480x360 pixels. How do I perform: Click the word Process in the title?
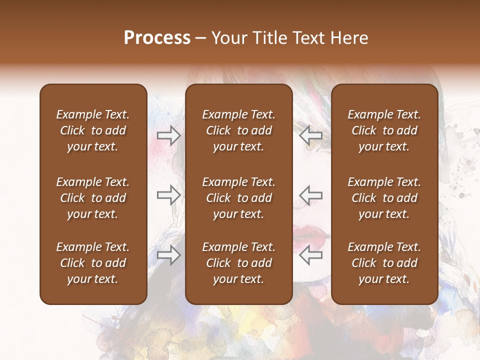[x=157, y=38]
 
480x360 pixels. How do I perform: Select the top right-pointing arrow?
[x=169, y=135]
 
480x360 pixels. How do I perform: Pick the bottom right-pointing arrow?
[x=169, y=255]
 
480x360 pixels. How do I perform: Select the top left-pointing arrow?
[x=310, y=135]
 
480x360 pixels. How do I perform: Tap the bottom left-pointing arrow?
[x=310, y=255]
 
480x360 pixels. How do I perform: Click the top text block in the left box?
[x=93, y=130]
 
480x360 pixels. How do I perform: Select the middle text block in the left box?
[x=93, y=198]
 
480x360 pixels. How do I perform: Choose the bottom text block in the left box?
[x=93, y=263]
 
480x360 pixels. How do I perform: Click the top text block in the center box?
[x=238, y=130]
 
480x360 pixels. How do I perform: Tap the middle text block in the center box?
[x=238, y=198]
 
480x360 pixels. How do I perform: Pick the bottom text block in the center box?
[x=238, y=263]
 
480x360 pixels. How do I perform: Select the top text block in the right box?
[x=384, y=130]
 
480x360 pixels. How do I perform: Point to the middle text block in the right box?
[x=384, y=198]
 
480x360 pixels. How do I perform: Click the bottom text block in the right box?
[x=384, y=263]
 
